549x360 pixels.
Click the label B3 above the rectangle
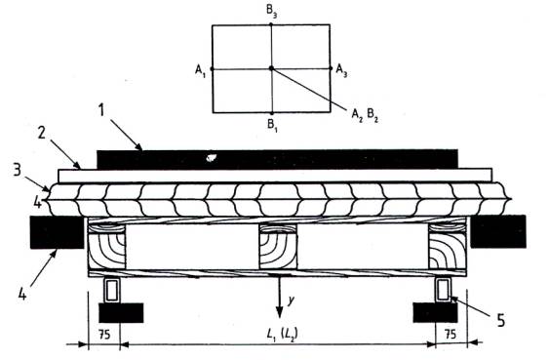[x=272, y=10]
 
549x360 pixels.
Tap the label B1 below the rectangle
[x=272, y=124]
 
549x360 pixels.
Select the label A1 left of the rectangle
[x=200, y=71]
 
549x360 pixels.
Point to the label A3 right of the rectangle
[x=341, y=70]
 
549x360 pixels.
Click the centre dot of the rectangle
[x=271, y=68]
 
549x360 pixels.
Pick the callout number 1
[x=101, y=110]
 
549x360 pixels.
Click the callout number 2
[x=42, y=133]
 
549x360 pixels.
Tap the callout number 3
[x=17, y=170]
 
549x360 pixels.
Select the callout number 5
[x=501, y=320]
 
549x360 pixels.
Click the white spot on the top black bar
[x=212, y=158]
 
